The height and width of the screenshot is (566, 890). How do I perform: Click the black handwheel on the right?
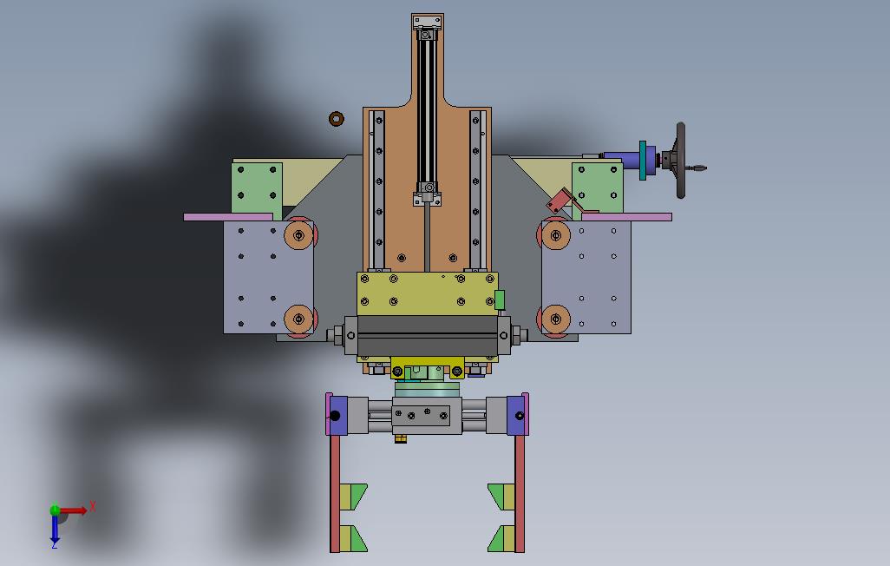tap(681, 161)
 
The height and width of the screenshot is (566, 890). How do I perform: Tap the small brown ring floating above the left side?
tap(337, 119)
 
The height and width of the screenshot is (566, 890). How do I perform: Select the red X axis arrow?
tap(75, 510)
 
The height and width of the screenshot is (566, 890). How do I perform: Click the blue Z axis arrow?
tap(55, 529)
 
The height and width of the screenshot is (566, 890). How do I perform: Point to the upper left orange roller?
tap(298, 234)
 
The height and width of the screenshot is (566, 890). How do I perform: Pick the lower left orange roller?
tap(298, 319)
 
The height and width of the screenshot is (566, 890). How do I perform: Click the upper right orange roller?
tap(556, 234)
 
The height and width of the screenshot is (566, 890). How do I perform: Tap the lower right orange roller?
tap(556, 319)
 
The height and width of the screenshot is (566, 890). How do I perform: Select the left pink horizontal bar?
tap(228, 217)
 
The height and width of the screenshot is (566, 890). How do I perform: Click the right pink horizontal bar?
tap(626, 216)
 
